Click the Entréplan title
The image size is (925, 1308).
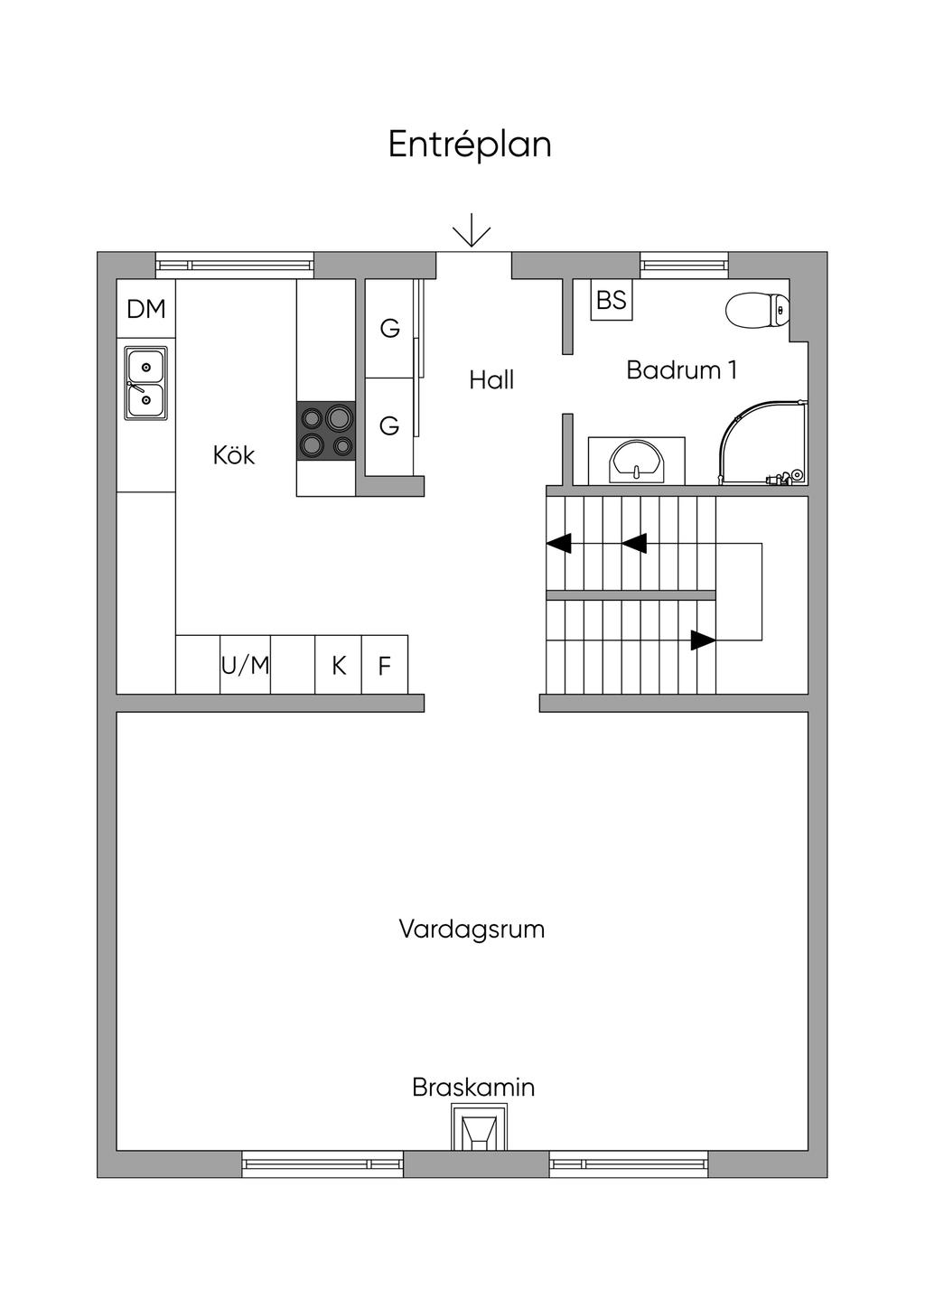click(470, 145)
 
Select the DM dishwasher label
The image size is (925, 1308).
click(146, 309)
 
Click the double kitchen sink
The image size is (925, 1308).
click(145, 383)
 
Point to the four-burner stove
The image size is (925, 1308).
click(326, 431)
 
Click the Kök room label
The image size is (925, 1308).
click(234, 455)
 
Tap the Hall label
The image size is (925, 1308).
click(491, 380)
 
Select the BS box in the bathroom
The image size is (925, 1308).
click(612, 300)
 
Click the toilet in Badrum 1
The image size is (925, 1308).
click(757, 310)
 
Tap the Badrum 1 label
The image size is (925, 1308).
click(681, 370)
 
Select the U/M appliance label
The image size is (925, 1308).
click(246, 665)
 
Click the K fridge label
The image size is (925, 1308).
click(339, 666)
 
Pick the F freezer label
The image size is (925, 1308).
click(384, 666)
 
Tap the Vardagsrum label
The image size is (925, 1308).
click(472, 929)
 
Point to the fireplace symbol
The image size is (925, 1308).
click(479, 1126)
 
